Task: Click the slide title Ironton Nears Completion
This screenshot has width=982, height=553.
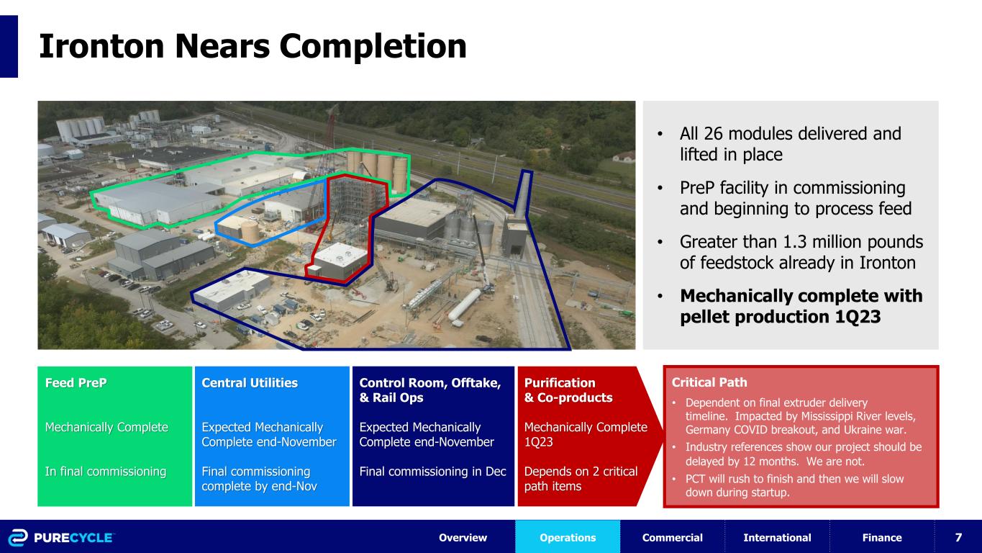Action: pyautogui.click(x=253, y=46)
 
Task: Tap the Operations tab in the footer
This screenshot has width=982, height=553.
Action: pyautogui.click(x=568, y=537)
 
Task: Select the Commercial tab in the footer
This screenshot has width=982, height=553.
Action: pyautogui.click(x=672, y=537)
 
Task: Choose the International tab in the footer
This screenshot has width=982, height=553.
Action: pyautogui.click(x=777, y=537)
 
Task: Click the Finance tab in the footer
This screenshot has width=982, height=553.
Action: pyautogui.click(x=881, y=537)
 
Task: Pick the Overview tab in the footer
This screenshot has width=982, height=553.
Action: pyautogui.click(x=463, y=537)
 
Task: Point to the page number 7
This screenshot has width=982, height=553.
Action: pyautogui.click(x=958, y=537)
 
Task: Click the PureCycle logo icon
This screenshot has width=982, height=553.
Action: pyautogui.click(x=18, y=538)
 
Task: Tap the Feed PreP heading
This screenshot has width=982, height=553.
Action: pyautogui.click(x=76, y=383)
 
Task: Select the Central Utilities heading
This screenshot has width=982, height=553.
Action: pyautogui.click(x=250, y=383)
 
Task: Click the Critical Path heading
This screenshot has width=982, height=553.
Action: pyautogui.click(x=709, y=382)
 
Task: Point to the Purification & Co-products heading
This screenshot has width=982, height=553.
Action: pyautogui.click(x=568, y=390)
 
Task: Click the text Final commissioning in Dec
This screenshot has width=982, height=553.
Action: pyautogui.click(x=432, y=472)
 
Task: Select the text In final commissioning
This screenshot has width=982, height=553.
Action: pyautogui.click(x=106, y=472)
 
